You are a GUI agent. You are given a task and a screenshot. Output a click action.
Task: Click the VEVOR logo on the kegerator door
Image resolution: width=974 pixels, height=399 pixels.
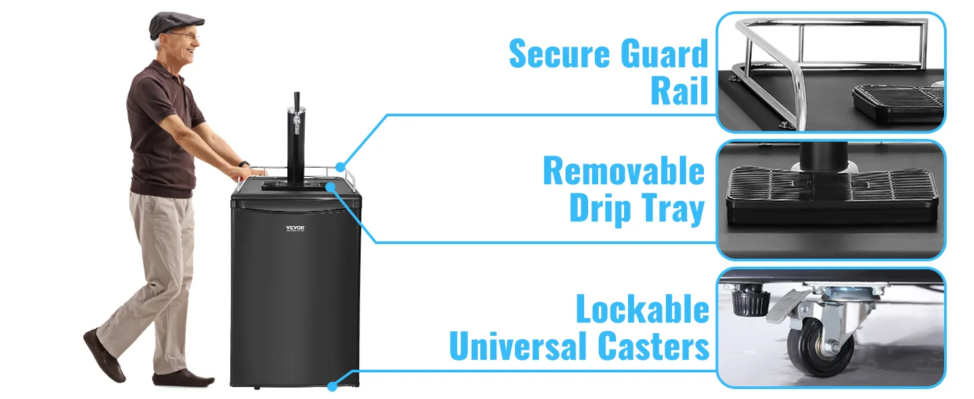point(294,228)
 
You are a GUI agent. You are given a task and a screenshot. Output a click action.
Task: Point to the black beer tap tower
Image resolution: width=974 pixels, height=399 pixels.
point(294,140)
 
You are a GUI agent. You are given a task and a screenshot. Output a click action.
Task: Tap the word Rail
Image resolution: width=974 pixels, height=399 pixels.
point(679,92)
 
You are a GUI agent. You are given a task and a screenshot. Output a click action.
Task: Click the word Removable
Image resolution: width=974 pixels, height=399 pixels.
point(623,172)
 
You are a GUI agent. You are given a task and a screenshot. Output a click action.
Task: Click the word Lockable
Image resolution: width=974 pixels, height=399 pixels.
point(642,310)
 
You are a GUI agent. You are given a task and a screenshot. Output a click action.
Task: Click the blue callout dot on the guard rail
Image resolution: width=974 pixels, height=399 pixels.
point(341,166)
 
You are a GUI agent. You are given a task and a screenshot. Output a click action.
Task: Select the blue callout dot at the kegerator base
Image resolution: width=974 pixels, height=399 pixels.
point(333,384)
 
